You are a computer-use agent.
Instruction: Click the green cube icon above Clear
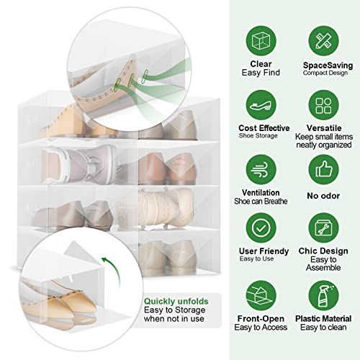click(261, 40)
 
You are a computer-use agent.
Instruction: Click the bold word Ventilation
click(260, 194)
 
